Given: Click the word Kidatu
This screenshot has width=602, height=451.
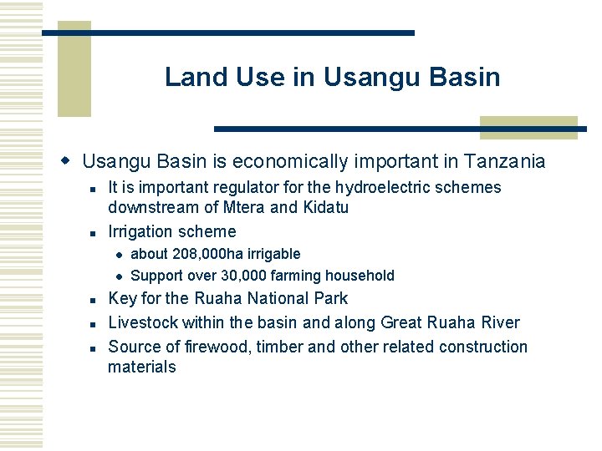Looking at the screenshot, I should pos(324,207).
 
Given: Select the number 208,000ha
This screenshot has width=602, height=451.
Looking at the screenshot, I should pos(203,254).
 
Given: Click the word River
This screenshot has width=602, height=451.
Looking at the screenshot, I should pos(500,322).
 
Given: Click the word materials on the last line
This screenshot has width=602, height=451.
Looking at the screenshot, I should pos(142,367).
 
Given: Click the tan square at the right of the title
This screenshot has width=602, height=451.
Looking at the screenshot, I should pos(528,128).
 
